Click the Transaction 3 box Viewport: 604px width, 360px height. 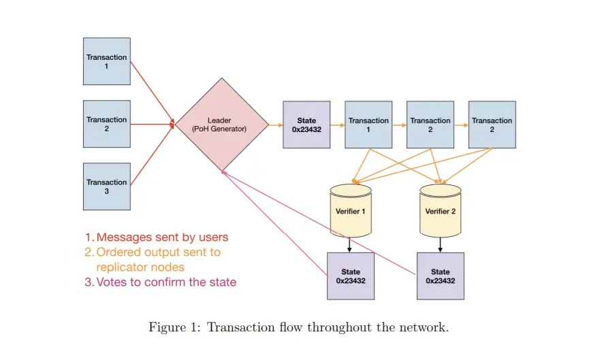[x=106, y=186]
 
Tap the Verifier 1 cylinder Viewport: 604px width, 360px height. [x=351, y=210]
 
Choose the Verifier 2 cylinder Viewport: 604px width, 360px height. [x=440, y=210]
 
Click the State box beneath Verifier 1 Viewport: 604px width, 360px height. [x=351, y=276]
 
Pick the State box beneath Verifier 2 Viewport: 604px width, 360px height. [x=440, y=276]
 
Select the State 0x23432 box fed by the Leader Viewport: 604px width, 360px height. [x=306, y=125]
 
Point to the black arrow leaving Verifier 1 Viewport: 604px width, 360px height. [x=350, y=244]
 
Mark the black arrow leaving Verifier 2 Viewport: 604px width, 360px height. [x=440, y=244]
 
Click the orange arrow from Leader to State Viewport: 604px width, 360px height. [x=274, y=125]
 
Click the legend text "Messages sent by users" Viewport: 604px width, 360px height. [x=162, y=238]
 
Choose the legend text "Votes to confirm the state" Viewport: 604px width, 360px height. [x=166, y=282]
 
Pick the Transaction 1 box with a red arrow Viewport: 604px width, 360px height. [x=106, y=61]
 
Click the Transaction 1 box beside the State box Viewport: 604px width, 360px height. [x=368, y=125]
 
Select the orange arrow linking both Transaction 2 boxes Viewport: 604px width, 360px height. [x=460, y=125]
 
